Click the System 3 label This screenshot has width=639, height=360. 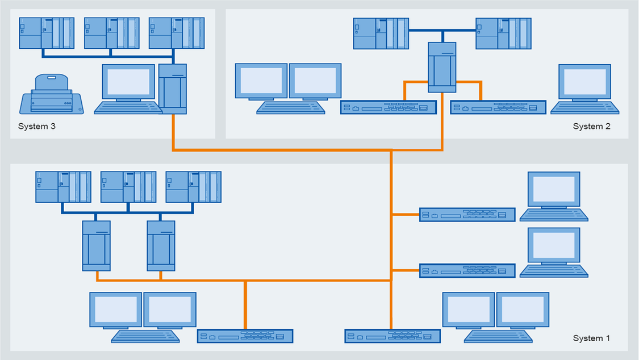coord(37,126)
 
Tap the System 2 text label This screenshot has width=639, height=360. coord(591,126)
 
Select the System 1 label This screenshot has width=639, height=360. coord(591,338)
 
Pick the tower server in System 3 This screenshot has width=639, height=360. coord(173,88)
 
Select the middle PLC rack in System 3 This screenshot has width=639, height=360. coord(111,33)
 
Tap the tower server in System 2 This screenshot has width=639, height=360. coord(442,67)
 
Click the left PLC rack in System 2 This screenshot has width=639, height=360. coord(381,34)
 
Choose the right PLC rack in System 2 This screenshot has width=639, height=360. coord(503,34)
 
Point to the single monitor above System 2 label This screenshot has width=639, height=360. coord(584,82)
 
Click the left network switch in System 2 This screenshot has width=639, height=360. coord(388,107)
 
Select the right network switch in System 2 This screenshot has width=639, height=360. coord(498,107)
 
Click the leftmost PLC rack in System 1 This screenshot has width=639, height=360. coord(63,187)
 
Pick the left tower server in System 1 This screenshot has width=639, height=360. coord(96,245)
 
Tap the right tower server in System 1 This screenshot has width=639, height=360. coord(161,245)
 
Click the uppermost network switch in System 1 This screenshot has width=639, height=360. coord(467,215)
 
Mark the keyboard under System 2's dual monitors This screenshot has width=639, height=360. coord(291,107)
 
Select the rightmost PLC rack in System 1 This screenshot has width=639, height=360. coord(193,187)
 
